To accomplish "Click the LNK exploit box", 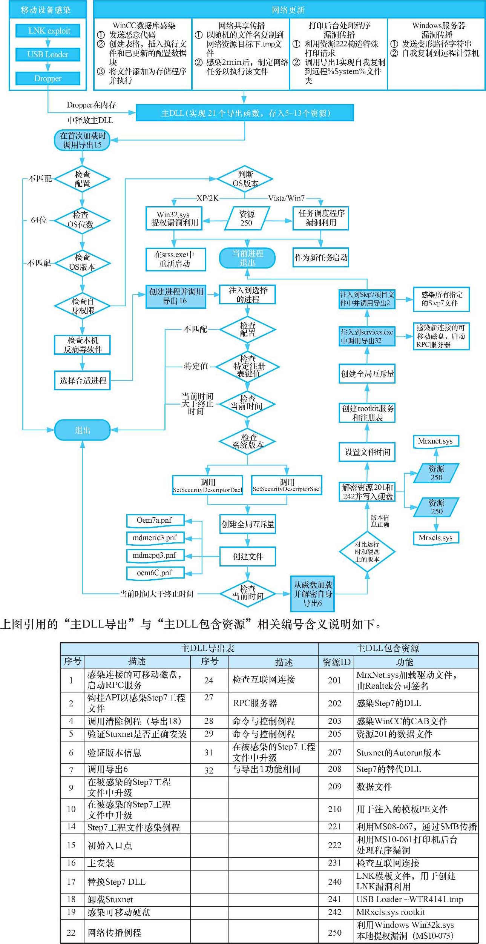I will (x=48, y=31).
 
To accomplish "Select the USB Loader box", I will (x=48, y=55).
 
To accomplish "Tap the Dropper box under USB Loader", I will (x=48, y=78).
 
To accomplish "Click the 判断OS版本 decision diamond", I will (x=245, y=179).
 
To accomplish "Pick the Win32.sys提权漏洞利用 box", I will (x=174, y=219).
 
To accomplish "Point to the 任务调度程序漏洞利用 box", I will (x=321, y=218).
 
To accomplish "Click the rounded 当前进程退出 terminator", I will (x=247, y=258).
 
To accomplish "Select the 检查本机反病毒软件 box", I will (x=82, y=345).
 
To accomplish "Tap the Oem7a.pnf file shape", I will (x=155, y=520).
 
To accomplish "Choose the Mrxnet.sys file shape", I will (x=436, y=441).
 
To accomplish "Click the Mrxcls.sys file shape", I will (x=436, y=538).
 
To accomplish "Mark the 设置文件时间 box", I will (x=367, y=452).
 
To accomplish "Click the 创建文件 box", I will (x=248, y=557).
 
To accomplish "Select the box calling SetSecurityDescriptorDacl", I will (x=208, y=485).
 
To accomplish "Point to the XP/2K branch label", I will (x=208, y=198).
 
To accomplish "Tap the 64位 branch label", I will (x=39, y=220).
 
